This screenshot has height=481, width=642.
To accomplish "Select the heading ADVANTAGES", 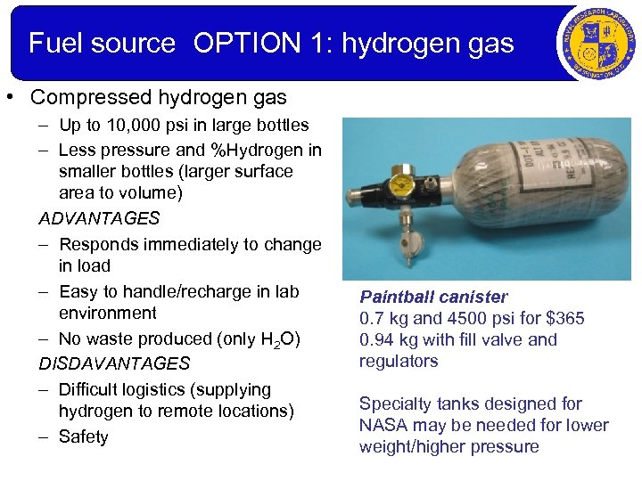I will click(99, 218).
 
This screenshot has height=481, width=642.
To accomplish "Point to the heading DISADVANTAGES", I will click(114, 363).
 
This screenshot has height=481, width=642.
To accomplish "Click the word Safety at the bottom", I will click(84, 436).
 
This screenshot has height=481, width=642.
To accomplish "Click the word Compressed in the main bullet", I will click(74, 95).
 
